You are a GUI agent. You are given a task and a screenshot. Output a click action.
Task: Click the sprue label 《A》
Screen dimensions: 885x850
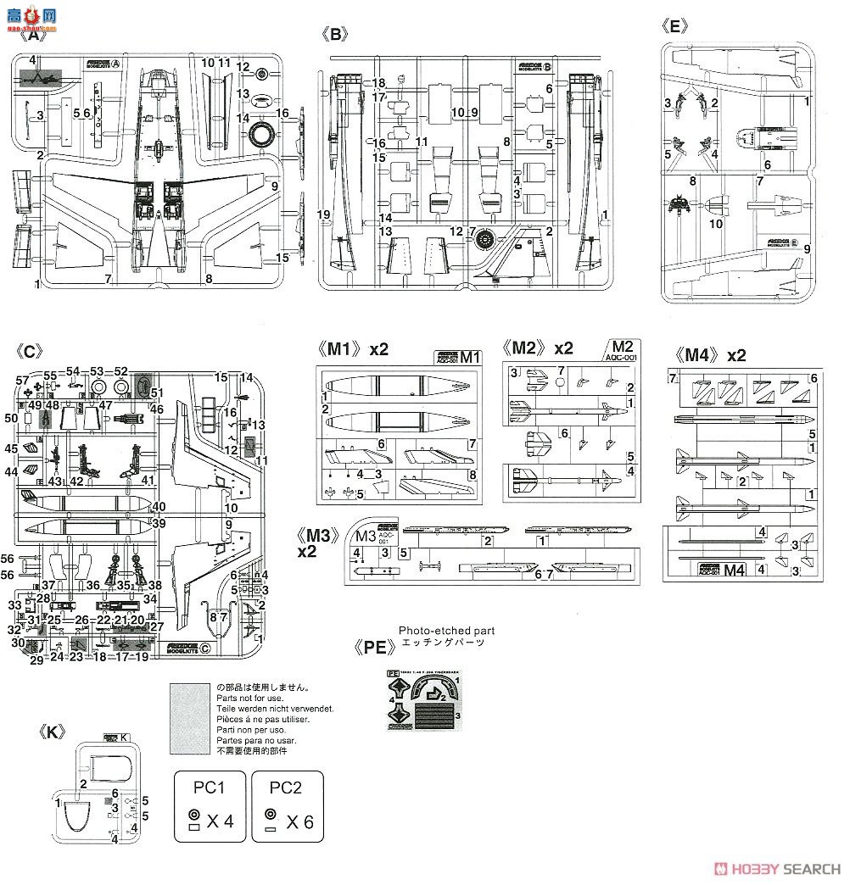33,36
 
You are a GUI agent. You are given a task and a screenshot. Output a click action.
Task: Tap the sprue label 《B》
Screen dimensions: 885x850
336,34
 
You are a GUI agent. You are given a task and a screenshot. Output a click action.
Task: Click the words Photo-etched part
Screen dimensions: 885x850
446,631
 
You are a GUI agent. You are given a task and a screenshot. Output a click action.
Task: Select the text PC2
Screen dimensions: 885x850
286,787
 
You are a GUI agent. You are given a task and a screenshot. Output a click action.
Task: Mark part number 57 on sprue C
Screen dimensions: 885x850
21,382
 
